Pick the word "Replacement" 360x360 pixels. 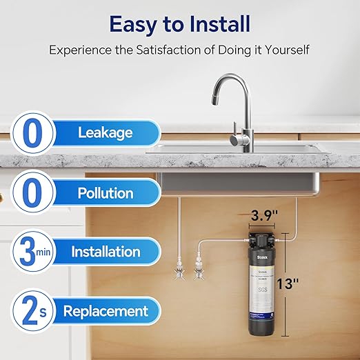[106, 310]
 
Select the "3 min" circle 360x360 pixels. [30, 252]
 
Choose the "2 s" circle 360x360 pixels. [31, 311]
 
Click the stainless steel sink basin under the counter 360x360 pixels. [234, 185]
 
